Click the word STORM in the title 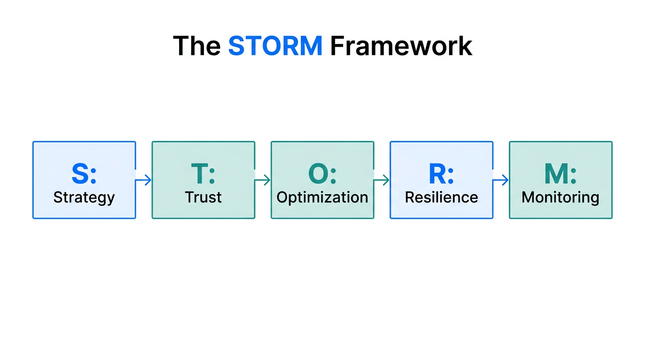275,46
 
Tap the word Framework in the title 401,46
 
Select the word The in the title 197,46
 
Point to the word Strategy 84,197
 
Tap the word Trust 203,197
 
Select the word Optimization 322,197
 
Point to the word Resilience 442,197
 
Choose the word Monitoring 561,197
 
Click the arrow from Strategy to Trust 144,180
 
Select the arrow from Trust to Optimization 263,180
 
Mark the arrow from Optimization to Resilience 382,180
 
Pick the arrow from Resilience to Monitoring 501,180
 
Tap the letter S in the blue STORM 237,46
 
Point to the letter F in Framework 337,46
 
